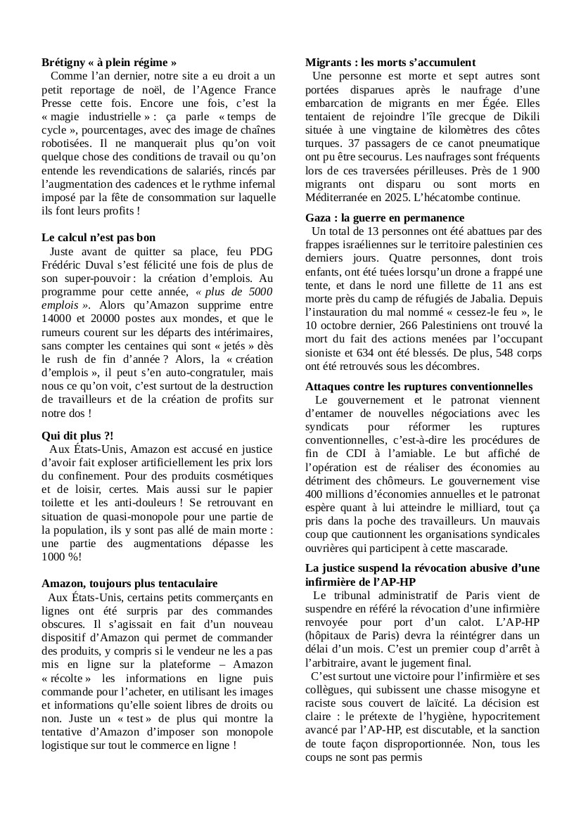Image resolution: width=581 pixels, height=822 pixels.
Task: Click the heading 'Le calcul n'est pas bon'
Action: (x=98, y=238)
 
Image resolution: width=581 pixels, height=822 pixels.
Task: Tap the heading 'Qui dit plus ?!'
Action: (x=77, y=436)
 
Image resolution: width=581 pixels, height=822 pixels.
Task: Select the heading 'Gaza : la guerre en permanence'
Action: (x=385, y=218)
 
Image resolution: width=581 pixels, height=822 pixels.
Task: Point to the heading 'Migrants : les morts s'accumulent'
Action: (x=390, y=63)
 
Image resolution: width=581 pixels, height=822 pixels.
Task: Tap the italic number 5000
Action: (x=258, y=291)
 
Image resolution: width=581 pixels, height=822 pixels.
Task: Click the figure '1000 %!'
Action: (x=61, y=556)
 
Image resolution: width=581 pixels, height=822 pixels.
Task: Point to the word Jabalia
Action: (x=493, y=298)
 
